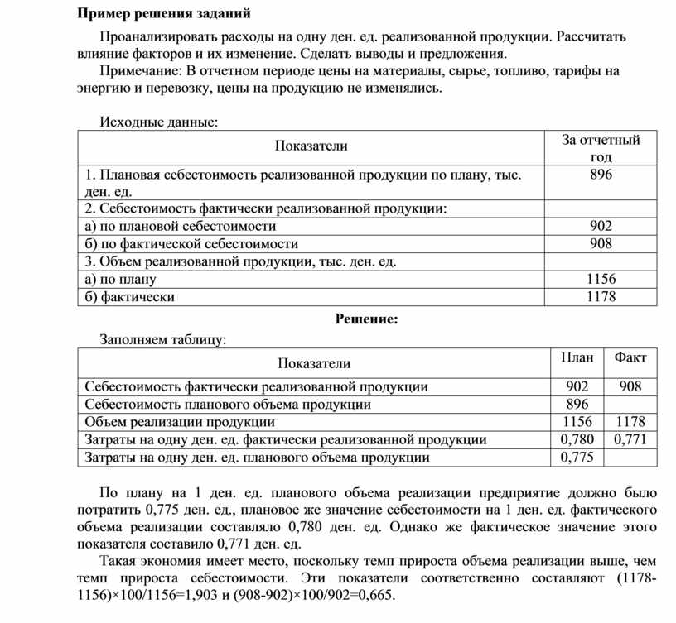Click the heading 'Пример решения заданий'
coord(163,14)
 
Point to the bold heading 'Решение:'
coord(366,319)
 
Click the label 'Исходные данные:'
coord(159,122)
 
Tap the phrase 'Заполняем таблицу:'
coord(162,339)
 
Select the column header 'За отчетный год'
coord(601,148)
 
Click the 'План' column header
coord(577,357)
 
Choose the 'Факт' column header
coord(630,357)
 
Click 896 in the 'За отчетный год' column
coord(601,175)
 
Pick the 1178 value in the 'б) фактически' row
coord(601,296)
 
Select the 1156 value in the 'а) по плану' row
coord(601,279)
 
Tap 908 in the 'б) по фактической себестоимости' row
coord(601,243)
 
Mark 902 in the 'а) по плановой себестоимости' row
coord(601,226)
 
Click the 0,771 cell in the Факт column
coord(630,439)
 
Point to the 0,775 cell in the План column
coord(577,457)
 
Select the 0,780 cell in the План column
coord(577,439)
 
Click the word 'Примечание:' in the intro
coord(137,71)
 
